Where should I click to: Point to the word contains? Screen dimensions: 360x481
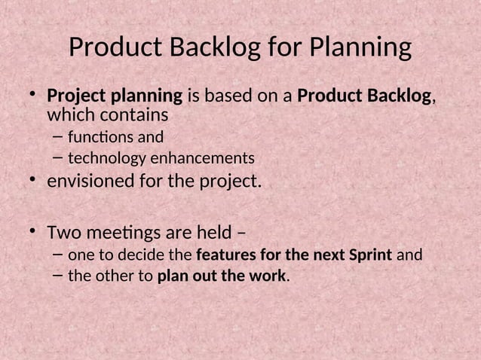[x=131, y=116]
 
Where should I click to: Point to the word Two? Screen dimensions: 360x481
[x=63, y=230]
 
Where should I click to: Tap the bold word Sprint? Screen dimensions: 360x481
[x=371, y=255]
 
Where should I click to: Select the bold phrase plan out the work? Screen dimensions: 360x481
[x=222, y=276]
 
